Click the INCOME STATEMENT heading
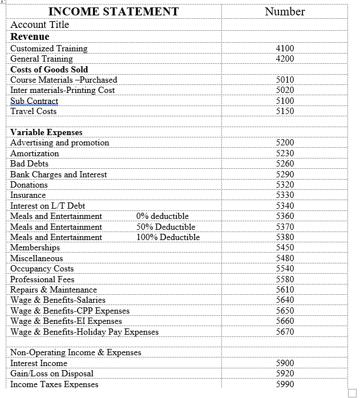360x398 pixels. (114, 11)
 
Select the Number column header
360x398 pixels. (285, 11)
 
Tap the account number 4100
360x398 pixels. (285, 48)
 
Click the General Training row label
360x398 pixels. (42, 59)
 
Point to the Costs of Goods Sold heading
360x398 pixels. (49, 70)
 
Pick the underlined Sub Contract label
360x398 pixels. (34, 101)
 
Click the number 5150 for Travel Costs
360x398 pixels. (285, 111)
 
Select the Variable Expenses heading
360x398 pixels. (46, 132)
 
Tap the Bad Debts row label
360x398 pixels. (29, 164)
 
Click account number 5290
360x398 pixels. (285, 174)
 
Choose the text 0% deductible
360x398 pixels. (163, 216)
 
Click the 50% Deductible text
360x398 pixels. (166, 227)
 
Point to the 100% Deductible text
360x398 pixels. (168, 237)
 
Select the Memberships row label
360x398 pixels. (35, 247)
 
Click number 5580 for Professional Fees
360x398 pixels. (285, 279)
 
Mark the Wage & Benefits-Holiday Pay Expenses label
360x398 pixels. (84, 332)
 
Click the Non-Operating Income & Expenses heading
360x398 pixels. (76, 352)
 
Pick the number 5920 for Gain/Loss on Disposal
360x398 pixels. (285, 373)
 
